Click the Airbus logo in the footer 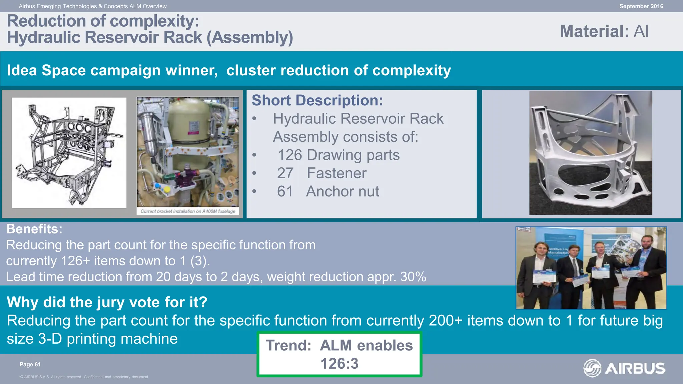click(624, 368)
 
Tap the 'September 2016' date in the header click(641, 6)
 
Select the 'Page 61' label click(30, 364)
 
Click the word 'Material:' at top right click(594, 31)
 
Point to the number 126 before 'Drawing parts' click(289, 155)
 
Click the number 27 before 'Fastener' click(285, 173)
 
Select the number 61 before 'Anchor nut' click(285, 191)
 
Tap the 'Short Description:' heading click(317, 100)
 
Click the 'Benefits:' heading click(34, 229)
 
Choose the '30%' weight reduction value click(413, 277)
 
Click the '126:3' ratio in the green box click(339, 363)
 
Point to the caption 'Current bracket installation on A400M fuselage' click(188, 211)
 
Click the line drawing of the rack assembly click(69, 153)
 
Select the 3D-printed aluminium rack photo click(590, 153)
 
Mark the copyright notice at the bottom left click(84, 377)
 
